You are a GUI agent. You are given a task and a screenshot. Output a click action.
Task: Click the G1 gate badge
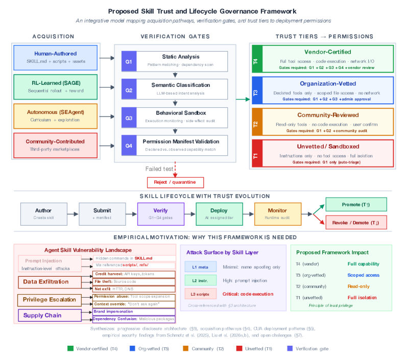129,61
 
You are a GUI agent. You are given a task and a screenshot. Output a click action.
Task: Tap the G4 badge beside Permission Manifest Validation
129,145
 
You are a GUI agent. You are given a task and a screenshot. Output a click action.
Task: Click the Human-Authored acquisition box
56,57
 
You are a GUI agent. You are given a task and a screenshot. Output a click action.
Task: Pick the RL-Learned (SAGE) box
56,87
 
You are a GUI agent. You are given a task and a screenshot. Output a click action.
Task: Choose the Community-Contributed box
56,145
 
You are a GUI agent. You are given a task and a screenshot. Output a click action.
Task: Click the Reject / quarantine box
175,182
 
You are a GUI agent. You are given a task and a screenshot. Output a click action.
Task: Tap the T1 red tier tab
256,153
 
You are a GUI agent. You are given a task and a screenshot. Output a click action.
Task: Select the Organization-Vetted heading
328,83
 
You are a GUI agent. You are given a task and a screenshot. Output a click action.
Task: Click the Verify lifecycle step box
160,214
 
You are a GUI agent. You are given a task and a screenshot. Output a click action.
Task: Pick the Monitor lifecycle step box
277,214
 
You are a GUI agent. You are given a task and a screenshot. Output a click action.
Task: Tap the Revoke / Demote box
355,223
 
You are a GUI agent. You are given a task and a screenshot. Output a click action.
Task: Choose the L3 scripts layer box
200,294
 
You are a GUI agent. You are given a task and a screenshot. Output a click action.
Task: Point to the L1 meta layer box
200,267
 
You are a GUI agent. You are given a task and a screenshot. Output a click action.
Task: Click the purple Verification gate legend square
291,348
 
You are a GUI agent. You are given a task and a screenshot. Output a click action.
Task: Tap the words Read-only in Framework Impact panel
359,286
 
